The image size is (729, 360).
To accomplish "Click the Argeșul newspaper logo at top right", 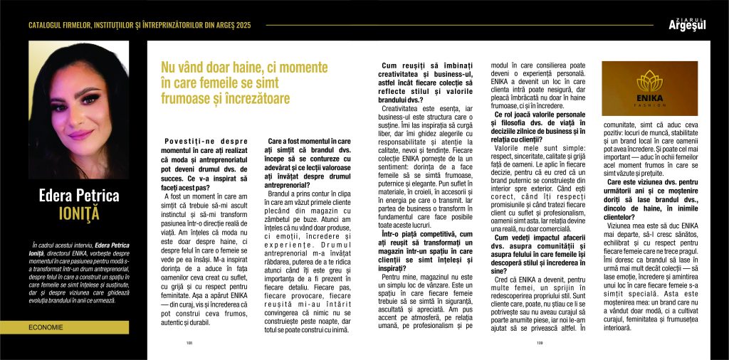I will point(687,23).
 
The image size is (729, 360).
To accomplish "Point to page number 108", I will point(190,342).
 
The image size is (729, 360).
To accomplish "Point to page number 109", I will point(540,342).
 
